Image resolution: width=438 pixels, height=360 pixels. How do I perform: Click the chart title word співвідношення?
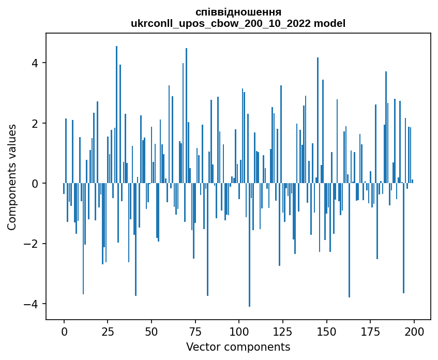[x=238, y=11]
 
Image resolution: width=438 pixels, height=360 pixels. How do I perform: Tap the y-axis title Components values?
[x=11, y=176]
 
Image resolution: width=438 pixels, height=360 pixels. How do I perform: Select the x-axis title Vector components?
[x=238, y=346]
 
